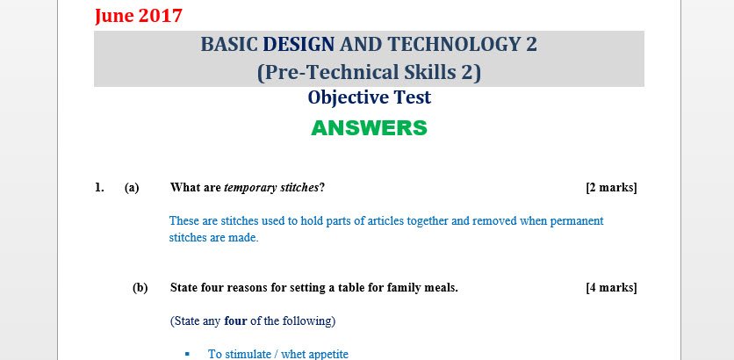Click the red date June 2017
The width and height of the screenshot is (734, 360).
tap(139, 15)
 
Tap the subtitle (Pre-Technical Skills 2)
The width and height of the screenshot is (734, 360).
tap(369, 72)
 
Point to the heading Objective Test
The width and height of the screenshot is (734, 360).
tap(369, 97)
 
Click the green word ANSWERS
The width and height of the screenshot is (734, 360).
tap(369, 128)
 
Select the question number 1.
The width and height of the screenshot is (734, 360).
tap(99, 187)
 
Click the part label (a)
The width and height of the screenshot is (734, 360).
tap(132, 187)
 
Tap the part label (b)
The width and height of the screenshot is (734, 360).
tap(140, 287)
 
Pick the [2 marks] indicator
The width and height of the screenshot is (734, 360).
tap(611, 187)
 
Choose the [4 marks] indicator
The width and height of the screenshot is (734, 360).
tap(611, 287)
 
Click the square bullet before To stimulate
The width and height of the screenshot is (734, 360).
tap(187, 354)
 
